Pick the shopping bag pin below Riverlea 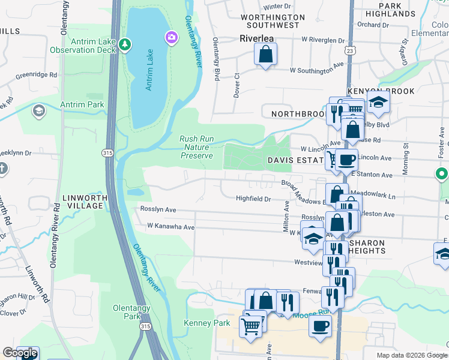click(x=265, y=55)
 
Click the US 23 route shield click(x=349, y=52)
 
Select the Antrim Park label click(x=82, y=104)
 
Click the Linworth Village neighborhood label click(x=83, y=202)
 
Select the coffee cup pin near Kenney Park click(x=320, y=326)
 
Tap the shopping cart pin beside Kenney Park click(x=250, y=326)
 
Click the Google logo click(x=20, y=353)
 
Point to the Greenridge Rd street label click(x=36, y=75)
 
